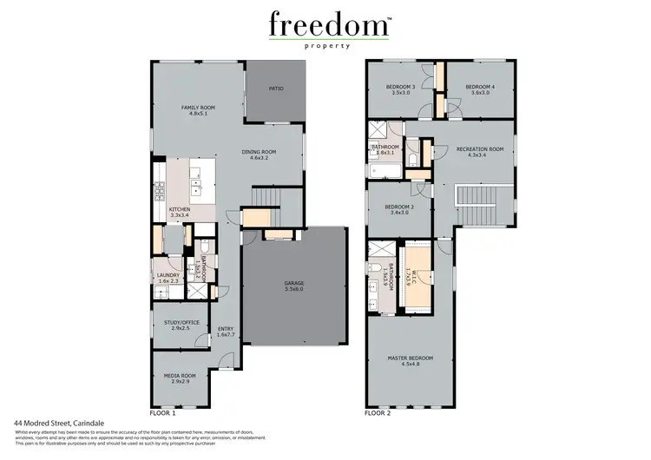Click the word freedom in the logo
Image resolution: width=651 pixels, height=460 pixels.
326,23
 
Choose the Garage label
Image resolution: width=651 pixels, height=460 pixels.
294,286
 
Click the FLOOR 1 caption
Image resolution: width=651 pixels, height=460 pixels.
165,414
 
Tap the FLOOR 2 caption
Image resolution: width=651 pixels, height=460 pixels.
378,414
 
